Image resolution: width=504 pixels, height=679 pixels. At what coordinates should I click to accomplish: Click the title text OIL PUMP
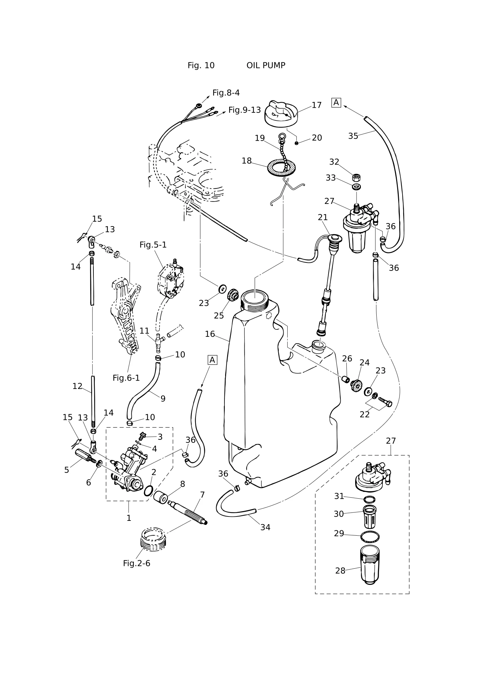(266, 65)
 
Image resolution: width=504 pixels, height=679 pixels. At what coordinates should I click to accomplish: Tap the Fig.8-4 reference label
(226, 93)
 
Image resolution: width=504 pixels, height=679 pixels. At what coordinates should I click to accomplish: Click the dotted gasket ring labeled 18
(282, 167)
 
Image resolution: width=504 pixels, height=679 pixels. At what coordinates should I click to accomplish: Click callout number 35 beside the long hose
(353, 136)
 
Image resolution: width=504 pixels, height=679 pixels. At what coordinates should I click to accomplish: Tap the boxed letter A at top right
(336, 103)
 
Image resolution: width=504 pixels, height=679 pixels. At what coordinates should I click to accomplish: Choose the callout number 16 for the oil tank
(210, 334)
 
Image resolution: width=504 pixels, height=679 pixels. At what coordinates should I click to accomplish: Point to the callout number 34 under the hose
(265, 527)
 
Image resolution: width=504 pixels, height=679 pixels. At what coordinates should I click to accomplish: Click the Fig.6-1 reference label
(126, 378)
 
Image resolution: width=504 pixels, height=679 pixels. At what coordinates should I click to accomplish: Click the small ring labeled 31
(370, 499)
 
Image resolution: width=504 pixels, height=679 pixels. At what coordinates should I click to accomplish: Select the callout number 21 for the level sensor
(323, 217)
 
